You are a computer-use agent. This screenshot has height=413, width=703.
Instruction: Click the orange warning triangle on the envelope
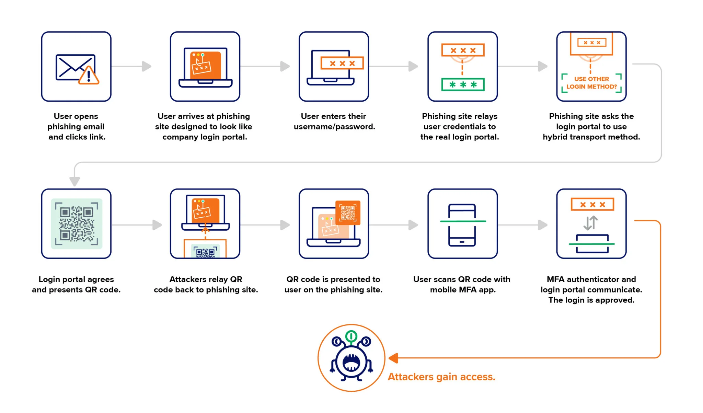click(89, 76)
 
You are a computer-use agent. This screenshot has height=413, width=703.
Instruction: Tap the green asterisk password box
click(463, 84)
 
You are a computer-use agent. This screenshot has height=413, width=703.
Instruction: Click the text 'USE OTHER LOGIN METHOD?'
click(591, 83)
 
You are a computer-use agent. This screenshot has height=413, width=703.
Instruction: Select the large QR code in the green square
click(77, 223)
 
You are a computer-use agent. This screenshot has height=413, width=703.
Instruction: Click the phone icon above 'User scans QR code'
click(462, 225)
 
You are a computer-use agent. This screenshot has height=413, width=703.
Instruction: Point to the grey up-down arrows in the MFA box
click(591, 223)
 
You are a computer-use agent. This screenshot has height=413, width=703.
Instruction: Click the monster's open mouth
click(351, 362)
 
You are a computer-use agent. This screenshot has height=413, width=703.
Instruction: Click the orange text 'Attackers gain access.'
click(441, 377)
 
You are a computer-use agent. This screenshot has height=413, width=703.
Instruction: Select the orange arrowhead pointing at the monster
click(393, 358)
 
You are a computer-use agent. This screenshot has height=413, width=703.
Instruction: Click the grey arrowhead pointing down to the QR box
click(74, 181)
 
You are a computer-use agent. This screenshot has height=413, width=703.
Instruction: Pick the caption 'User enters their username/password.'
click(334, 122)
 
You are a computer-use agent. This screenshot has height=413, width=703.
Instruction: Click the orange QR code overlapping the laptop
click(348, 213)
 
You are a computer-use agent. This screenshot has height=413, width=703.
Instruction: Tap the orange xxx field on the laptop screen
click(342, 63)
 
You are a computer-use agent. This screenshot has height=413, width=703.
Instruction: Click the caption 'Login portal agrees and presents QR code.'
click(76, 285)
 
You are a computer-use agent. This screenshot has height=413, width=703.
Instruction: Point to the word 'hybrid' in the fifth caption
click(555, 137)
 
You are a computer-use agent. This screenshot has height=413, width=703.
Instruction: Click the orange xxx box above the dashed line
click(463, 50)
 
